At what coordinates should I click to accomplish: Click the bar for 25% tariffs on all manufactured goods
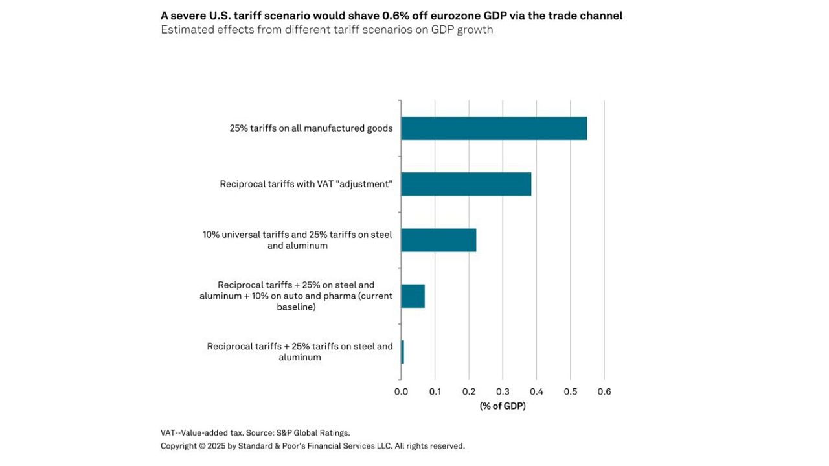494,128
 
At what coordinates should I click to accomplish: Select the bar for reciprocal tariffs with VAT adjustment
466,184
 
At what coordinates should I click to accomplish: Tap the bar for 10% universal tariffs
438,240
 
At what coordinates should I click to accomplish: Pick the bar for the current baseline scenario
413,296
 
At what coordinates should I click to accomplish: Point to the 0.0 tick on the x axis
401,391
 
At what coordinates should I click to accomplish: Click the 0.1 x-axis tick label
435,391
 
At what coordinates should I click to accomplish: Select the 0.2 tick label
469,391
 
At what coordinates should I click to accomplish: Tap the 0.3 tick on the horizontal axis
503,391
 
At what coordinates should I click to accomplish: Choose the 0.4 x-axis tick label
536,391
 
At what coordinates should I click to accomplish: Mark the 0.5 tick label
570,391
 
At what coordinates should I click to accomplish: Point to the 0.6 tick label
604,391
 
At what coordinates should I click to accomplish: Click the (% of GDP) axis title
503,406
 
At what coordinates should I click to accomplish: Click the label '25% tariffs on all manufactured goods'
311,128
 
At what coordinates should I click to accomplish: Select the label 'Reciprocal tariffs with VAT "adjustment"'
306,184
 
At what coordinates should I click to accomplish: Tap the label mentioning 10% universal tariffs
297,240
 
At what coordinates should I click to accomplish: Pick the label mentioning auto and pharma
296,296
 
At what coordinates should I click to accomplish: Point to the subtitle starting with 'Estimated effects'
326,30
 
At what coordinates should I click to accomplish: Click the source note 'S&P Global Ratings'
313,432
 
